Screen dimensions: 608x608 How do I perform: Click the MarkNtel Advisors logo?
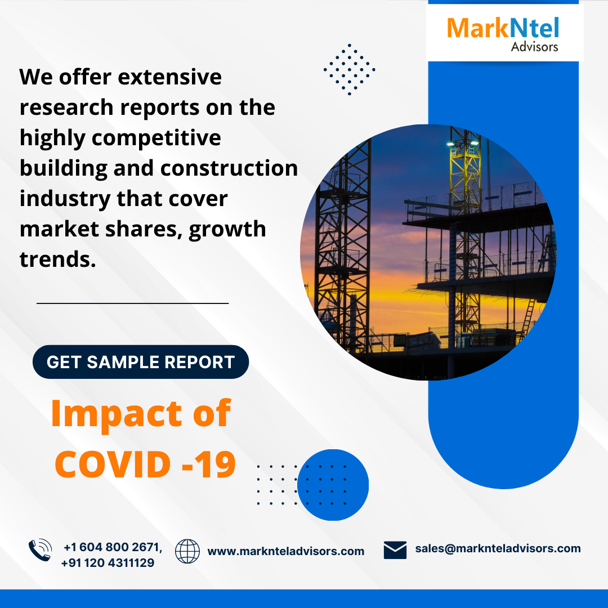click(x=503, y=34)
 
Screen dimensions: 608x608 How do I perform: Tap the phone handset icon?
click(x=41, y=550)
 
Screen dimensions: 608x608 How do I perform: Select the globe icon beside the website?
click(x=187, y=551)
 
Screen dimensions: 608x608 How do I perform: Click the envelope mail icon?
click(x=395, y=550)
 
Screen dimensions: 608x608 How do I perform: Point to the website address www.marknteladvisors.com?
click(x=286, y=551)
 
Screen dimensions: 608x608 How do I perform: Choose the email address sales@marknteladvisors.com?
click(x=498, y=548)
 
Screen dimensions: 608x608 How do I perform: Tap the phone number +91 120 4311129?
click(x=108, y=562)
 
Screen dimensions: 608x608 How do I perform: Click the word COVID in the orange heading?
click(x=113, y=464)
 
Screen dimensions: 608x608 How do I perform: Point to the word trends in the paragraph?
click(x=57, y=259)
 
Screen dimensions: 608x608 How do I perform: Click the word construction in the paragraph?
click(x=229, y=168)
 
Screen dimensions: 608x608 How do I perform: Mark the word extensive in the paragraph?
click(x=170, y=77)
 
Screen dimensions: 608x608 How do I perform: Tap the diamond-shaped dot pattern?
click(x=350, y=69)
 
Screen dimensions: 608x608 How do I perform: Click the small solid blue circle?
click(x=333, y=485)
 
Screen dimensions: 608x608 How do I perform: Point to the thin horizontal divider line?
click(x=133, y=303)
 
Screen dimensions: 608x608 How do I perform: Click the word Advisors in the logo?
click(x=534, y=47)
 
